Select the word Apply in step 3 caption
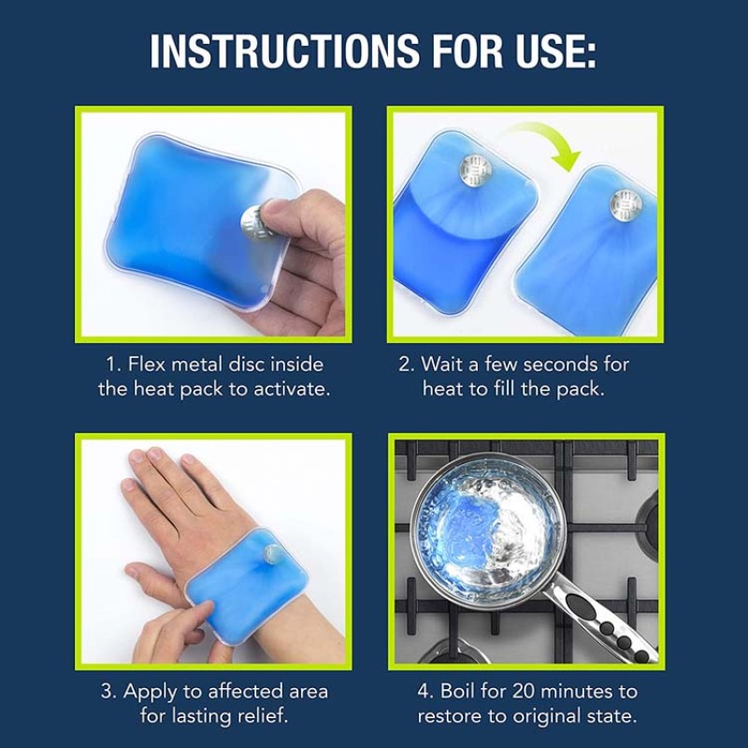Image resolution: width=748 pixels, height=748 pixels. (150, 692)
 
